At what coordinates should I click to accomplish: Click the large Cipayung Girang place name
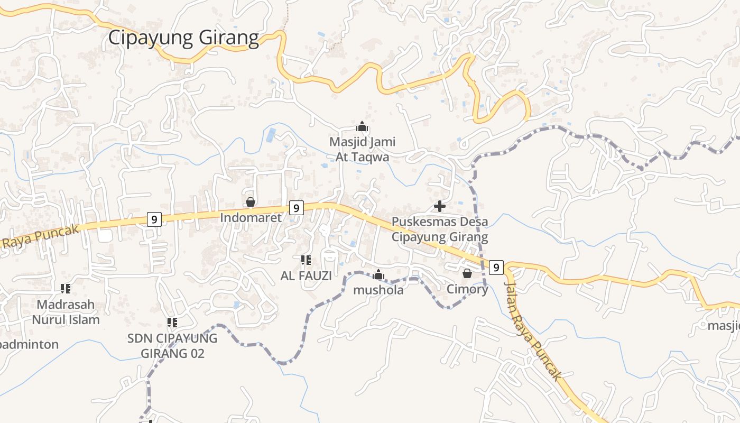click(183, 38)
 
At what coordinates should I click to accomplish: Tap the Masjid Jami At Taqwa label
click(363, 149)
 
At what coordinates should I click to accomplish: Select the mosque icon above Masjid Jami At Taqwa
click(362, 126)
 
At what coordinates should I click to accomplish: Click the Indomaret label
click(251, 217)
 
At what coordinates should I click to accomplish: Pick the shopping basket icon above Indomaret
click(251, 202)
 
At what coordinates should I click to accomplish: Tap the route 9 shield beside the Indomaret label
click(297, 208)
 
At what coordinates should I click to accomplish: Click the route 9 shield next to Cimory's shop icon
click(496, 268)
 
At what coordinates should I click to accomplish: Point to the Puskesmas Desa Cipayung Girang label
click(440, 229)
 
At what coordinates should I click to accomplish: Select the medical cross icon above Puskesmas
click(440, 206)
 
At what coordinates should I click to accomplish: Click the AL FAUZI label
click(306, 275)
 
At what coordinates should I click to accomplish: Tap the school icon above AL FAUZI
click(306, 260)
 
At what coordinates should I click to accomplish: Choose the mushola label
click(378, 290)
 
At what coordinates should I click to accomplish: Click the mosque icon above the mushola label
click(378, 274)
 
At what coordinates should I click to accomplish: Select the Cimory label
click(467, 289)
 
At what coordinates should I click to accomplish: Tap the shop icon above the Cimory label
click(467, 273)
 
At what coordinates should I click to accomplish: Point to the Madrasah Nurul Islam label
click(66, 312)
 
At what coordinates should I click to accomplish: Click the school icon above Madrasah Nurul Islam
click(66, 288)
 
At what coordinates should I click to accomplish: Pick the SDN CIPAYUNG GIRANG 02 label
click(172, 346)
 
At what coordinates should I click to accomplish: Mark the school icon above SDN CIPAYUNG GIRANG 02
click(172, 322)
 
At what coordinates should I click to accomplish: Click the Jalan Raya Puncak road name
click(532, 331)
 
